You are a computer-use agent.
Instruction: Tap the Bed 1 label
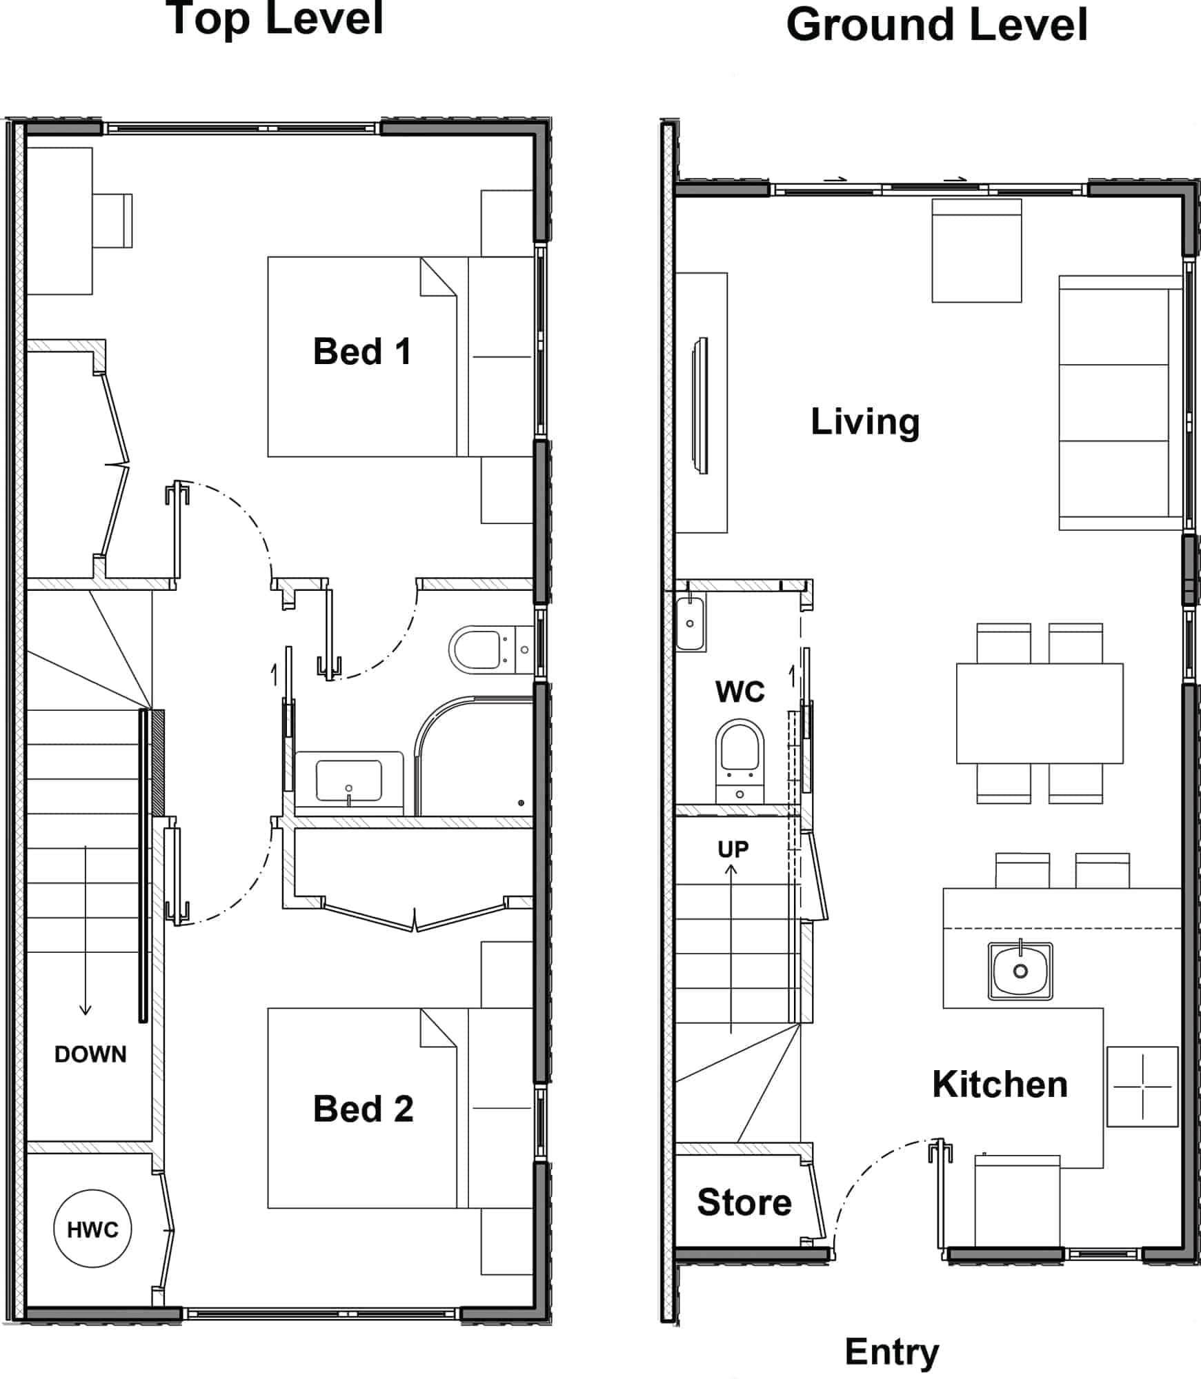click(x=362, y=352)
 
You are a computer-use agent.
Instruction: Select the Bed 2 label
click(x=363, y=1109)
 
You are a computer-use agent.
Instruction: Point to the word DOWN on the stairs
click(x=90, y=1054)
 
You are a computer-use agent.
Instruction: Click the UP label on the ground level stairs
click(x=733, y=849)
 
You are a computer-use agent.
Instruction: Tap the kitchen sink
click(x=1020, y=971)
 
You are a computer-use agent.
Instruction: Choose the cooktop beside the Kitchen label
click(x=1142, y=1087)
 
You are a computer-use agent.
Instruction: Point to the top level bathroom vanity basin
click(x=349, y=781)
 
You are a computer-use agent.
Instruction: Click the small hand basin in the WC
click(x=690, y=623)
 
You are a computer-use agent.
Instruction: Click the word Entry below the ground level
click(x=892, y=1353)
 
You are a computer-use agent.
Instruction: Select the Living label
click(x=865, y=422)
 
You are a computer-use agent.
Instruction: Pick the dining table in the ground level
click(x=1040, y=713)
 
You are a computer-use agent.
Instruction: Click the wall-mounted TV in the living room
click(x=701, y=405)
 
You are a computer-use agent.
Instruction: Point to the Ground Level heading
click(x=937, y=25)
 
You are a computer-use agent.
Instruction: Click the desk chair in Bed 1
click(x=112, y=221)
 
